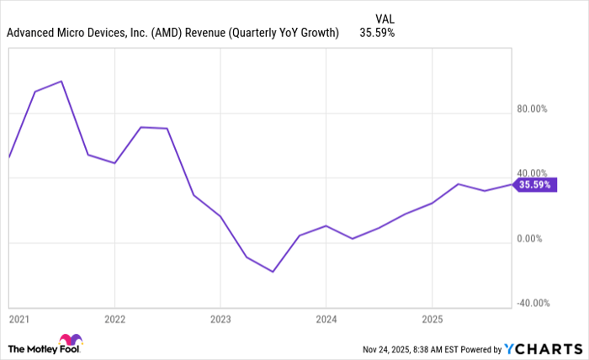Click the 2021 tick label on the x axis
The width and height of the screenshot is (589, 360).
coord(18,320)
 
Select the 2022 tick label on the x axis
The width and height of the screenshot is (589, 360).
coord(114,320)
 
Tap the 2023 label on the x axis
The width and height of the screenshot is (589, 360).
coord(220,320)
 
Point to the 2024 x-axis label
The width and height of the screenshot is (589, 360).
coord(326,320)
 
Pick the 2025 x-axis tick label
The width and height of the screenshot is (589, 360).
coord(432,320)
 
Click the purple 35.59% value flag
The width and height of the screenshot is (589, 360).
coord(534,184)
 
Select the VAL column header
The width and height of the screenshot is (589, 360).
coord(383,17)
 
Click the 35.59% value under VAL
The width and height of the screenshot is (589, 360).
coord(377,34)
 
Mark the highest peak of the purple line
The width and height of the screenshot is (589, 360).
coord(61,82)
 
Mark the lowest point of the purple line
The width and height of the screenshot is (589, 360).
coord(273,272)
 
